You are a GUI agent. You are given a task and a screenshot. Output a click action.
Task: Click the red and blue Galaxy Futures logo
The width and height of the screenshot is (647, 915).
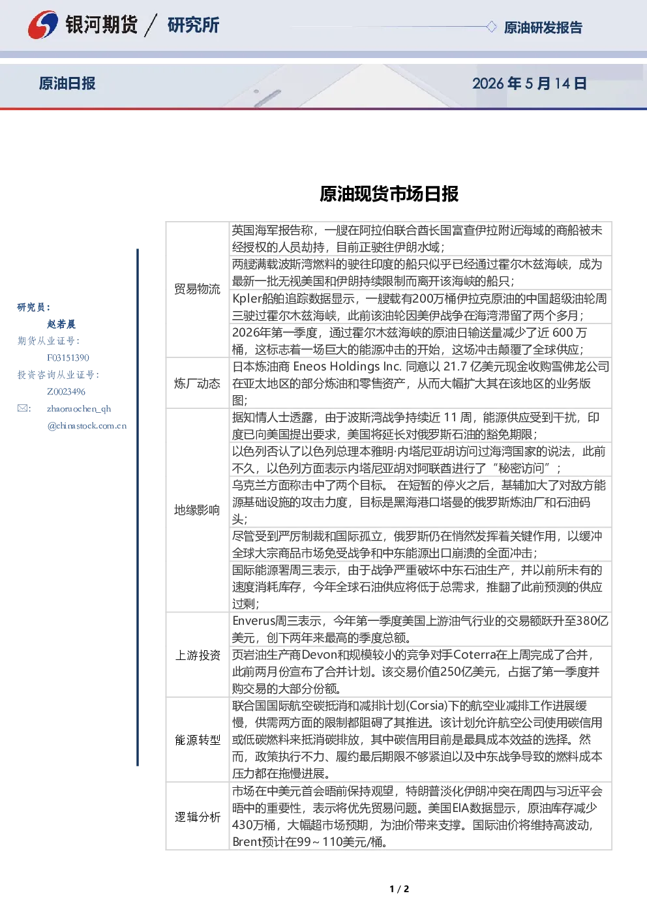point(43,25)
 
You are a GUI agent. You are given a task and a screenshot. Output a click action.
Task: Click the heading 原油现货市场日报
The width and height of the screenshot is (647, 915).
point(389,194)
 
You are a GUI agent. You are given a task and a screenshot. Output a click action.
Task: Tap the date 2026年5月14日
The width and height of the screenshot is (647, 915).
point(530,83)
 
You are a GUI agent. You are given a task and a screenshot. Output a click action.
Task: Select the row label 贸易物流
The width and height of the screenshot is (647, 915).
point(197,289)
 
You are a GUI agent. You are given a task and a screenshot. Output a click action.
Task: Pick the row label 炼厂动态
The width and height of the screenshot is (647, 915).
point(197,383)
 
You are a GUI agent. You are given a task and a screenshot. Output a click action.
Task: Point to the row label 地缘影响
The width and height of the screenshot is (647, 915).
point(197,510)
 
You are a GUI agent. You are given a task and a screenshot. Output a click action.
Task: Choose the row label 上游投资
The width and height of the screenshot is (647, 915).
point(198,655)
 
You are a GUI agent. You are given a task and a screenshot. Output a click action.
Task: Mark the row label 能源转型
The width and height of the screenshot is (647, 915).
point(198,740)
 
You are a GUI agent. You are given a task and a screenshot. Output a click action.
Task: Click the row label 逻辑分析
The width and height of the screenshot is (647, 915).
point(198,817)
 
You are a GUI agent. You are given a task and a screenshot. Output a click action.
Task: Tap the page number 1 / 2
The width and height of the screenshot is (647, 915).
point(399,889)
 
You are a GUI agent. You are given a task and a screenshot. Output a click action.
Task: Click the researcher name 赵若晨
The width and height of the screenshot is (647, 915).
point(61,324)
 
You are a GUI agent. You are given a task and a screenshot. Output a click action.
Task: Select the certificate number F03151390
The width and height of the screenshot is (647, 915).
point(68,358)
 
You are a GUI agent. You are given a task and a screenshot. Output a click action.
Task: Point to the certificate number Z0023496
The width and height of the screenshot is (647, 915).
point(66,392)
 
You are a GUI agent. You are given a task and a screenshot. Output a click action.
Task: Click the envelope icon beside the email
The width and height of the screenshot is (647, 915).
point(23,408)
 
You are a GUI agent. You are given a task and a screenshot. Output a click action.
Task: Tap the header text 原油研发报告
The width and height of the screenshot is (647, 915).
point(543,27)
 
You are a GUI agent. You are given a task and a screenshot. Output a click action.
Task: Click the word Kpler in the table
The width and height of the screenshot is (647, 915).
point(247,299)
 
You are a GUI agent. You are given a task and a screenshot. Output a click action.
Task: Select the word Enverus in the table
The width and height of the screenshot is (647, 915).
point(254,621)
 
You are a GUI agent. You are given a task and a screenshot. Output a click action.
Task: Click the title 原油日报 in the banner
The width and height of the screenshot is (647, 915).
point(67,83)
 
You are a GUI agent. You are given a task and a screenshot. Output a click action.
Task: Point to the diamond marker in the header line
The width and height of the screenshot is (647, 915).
point(491,27)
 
